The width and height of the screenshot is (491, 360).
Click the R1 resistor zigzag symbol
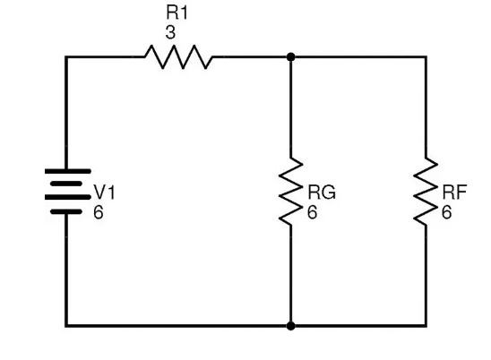[178, 56]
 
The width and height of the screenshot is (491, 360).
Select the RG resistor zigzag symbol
[290, 191]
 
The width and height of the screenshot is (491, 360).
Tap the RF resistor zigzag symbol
[426, 191]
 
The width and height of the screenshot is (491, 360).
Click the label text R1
[177, 13]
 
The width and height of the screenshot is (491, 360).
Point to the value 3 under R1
[170, 32]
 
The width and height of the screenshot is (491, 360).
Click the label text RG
[322, 193]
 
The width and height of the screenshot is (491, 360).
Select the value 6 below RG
[312, 212]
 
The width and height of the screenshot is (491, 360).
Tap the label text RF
[454, 193]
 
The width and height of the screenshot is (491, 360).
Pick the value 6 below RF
[446, 212]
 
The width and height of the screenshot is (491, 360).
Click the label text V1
[105, 193]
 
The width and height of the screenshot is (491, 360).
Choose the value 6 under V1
[98, 212]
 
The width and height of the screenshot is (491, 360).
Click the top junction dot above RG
[290, 57]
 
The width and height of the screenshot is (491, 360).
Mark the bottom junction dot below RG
[290, 326]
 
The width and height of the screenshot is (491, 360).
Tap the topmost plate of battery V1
[68, 171]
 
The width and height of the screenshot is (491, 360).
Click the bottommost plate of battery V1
[66, 212]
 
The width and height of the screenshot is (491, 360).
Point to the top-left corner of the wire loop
[66, 57]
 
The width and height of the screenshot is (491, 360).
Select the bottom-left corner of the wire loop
[66, 326]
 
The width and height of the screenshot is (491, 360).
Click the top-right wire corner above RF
[426, 57]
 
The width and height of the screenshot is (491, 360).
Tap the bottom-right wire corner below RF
[426, 326]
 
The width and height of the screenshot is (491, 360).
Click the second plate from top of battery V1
[66, 184]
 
